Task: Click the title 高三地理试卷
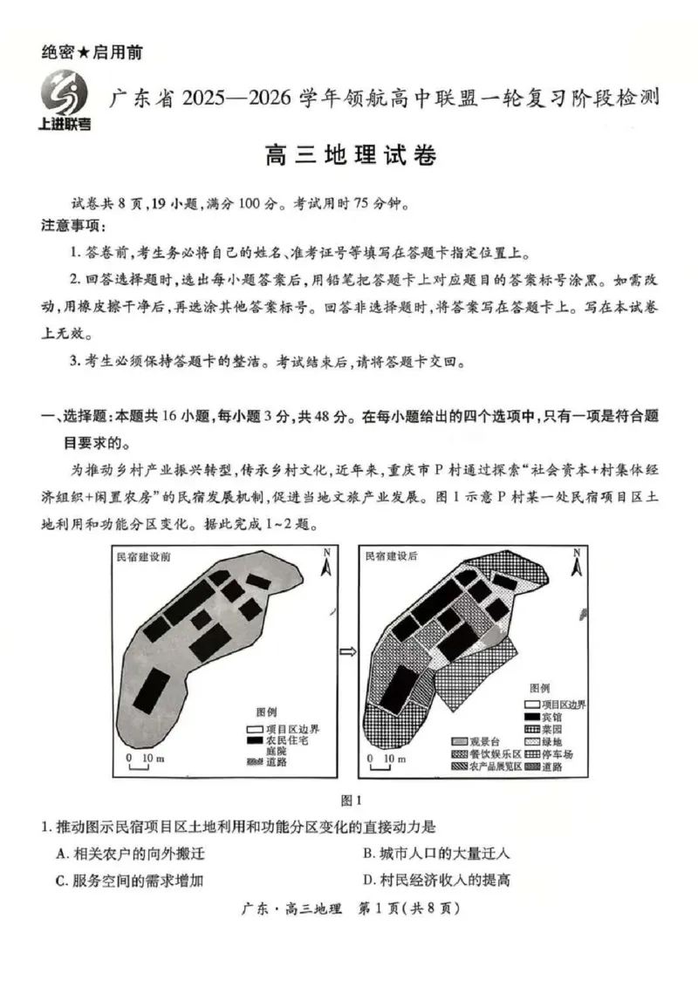(349, 157)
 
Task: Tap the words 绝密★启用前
(92, 52)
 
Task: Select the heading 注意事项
(73, 228)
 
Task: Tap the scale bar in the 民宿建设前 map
(140, 764)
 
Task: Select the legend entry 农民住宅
(279, 739)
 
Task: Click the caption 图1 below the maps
(349, 799)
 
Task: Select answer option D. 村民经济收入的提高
(436, 879)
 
